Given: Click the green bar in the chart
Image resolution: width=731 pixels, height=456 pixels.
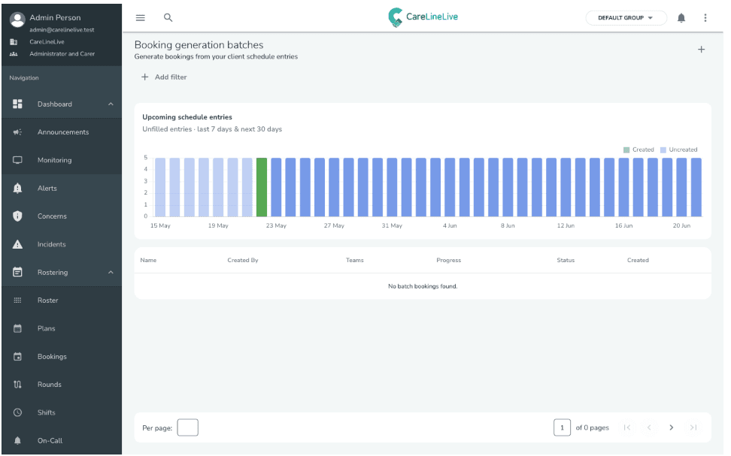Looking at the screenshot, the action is (262, 187).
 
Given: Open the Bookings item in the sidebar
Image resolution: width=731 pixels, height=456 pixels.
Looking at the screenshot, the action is (52, 356).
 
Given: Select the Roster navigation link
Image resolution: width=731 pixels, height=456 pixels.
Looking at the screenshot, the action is (48, 300).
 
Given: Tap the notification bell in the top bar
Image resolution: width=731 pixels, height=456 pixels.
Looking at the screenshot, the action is (681, 18).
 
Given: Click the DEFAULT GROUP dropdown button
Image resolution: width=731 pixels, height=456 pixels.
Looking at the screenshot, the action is (626, 18).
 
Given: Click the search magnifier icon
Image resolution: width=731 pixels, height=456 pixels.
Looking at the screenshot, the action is (168, 18).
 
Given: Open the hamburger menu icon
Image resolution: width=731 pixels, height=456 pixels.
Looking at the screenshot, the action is (141, 18).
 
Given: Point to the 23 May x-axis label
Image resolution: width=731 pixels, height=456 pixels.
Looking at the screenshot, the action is (276, 225).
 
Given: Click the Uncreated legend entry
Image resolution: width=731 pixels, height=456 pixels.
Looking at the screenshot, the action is (679, 149).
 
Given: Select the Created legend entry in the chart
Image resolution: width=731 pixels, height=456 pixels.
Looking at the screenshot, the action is (638, 149).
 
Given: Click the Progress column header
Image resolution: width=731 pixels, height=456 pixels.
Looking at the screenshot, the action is (448, 260).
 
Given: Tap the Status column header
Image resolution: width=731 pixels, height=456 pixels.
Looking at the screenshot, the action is (566, 260).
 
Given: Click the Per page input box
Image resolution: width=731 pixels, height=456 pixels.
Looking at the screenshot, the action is (187, 427).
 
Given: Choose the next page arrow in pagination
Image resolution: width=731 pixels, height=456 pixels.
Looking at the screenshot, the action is (672, 427).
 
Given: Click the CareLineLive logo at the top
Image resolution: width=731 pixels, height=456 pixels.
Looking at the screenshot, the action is (423, 17).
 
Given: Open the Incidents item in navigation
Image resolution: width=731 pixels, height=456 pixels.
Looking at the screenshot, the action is (52, 244).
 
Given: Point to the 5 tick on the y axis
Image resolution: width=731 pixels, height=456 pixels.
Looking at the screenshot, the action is (145, 158).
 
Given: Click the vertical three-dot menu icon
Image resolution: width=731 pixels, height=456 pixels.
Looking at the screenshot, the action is (705, 18).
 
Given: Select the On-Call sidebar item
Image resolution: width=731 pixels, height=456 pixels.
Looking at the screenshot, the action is (50, 441).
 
